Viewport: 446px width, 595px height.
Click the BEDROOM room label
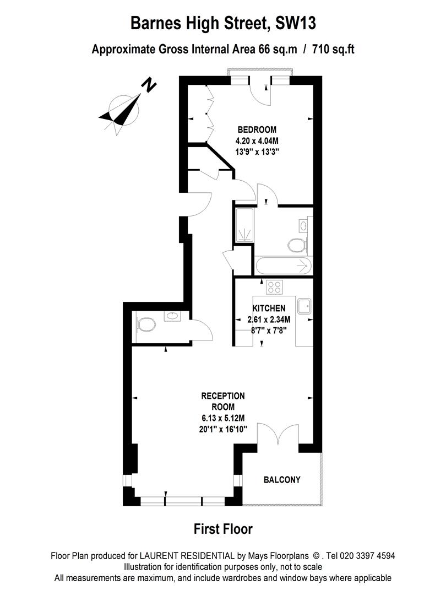(257, 130)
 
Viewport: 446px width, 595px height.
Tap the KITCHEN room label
(269, 308)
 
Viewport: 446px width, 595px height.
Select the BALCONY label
(282, 480)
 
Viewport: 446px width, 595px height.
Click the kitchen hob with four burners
(274, 287)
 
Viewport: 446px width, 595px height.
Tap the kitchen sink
(304, 306)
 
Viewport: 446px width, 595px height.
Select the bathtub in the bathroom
(284, 267)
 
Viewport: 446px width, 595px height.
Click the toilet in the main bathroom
(298, 245)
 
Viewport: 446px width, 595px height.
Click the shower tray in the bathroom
(244, 225)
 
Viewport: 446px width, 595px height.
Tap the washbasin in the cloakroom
(172, 316)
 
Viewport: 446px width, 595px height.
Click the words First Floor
(223, 529)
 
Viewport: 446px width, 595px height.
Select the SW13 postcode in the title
(296, 23)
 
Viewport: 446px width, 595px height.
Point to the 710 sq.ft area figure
(333, 50)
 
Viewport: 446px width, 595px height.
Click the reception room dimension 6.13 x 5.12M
(223, 418)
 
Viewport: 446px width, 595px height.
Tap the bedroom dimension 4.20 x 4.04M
(257, 141)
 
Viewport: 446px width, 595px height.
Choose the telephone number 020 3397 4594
(367, 556)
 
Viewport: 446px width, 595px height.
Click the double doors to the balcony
(278, 434)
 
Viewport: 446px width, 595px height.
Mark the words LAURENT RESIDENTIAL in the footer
(187, 556)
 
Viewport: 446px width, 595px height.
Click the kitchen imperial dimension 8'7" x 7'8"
(269, 330)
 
